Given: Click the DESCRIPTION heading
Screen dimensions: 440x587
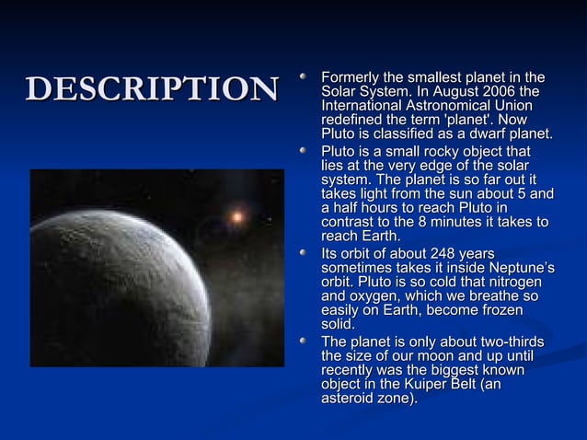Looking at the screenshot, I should (x=152, y=88).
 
